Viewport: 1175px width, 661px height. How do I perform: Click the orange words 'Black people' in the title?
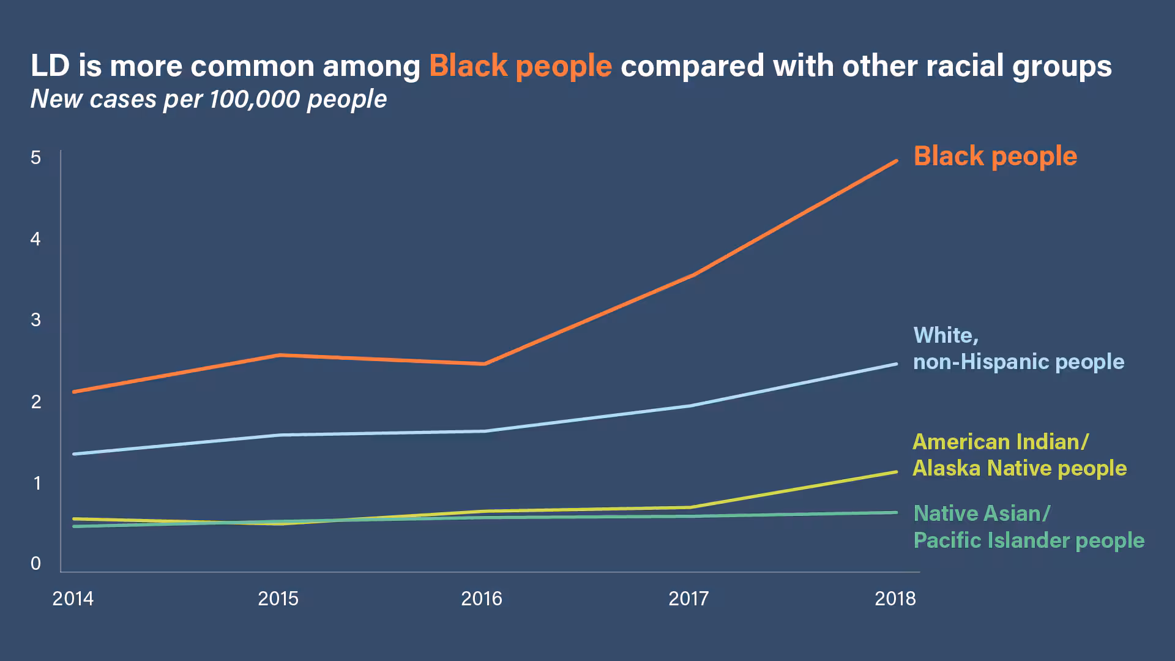click(x=520, y=66)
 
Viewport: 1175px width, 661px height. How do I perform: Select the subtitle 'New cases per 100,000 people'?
click(x=209, y=99)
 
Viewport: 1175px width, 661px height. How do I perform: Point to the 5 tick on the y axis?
click(x=35, y=158)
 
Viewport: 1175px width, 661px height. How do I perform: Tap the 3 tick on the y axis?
click(x=35, y=319)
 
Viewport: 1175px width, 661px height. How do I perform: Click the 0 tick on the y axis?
click(x=35, y=564)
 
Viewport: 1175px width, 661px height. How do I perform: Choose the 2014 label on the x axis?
click(x=73, y=599)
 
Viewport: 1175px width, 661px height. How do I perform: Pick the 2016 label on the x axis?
click(x=482, y=599)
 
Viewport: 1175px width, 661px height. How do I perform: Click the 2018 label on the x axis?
click(x=895, y=599)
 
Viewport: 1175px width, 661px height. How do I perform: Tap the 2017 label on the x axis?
click(x=688, y=599)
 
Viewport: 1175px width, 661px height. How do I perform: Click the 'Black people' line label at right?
click(x=995, y=156)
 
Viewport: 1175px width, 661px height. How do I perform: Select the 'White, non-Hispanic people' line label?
click(x=1018, y=349)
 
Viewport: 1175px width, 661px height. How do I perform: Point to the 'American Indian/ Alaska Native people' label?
click(x=1020, y=455)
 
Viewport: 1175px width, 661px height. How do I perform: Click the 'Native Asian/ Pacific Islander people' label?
click(x=1029, y=527)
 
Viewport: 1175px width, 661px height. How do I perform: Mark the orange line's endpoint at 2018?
click(x=897, y=161)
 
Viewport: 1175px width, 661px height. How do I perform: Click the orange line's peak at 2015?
click(x=279, y=355)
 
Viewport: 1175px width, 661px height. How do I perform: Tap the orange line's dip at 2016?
click(x=484, y=364)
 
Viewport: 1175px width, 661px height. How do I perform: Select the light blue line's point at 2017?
click(x=690, y=405)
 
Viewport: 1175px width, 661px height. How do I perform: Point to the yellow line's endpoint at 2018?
click(x=897, y=472)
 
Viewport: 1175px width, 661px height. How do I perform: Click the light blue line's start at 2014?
click(x=74, y=454)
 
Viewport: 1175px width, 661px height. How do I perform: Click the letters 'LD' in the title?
click(x=50, y=66)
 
